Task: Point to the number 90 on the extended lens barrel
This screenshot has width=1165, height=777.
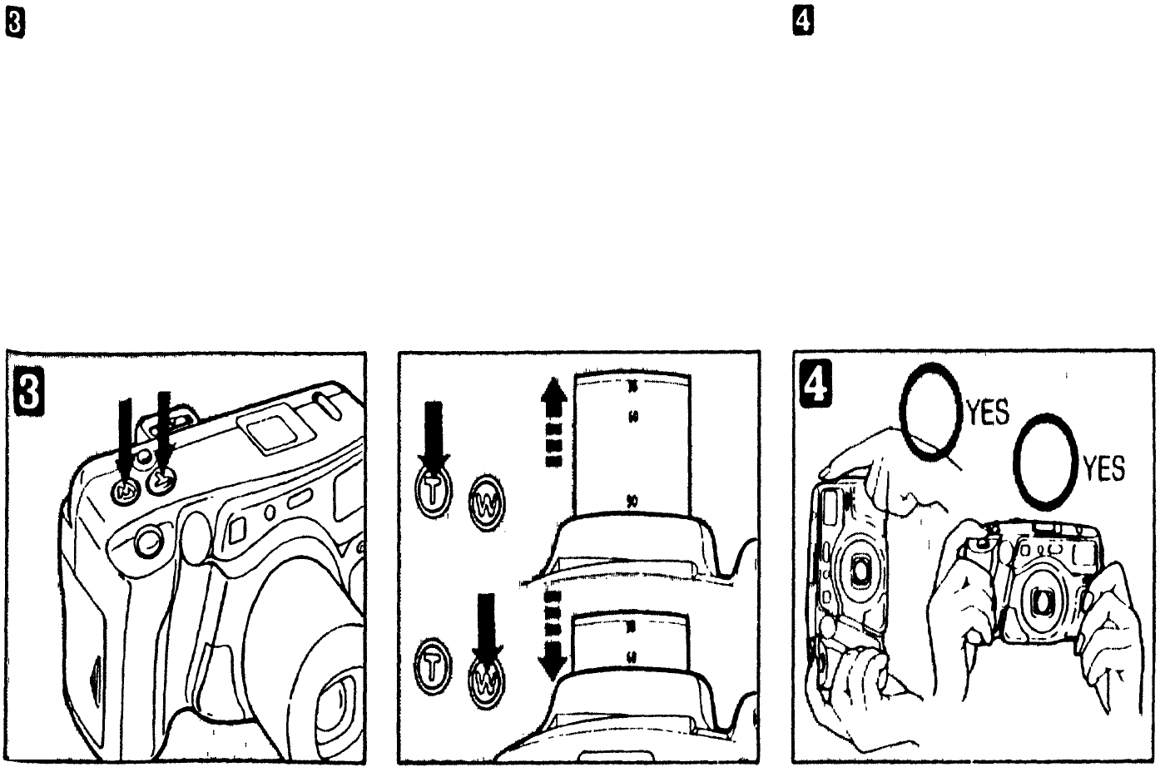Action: [632, 501]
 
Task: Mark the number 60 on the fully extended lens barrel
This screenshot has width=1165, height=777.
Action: [632, 417]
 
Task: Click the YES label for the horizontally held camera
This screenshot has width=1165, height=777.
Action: [1103, 468]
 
